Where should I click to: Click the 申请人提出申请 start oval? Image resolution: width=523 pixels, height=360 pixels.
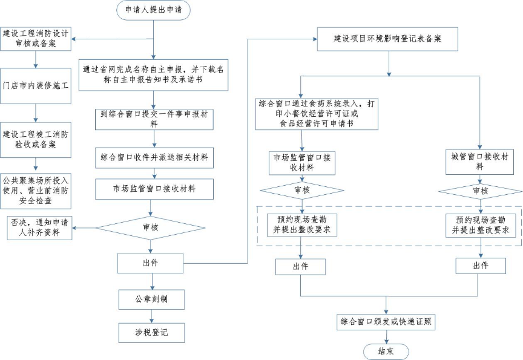(153, 10)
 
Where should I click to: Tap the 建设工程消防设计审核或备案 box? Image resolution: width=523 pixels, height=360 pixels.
(36, 38)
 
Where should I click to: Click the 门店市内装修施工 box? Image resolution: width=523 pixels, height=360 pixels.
(36, 85)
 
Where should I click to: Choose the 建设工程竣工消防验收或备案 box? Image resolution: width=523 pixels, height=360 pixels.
(36, 140)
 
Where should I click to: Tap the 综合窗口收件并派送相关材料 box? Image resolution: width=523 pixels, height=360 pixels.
(154, 157)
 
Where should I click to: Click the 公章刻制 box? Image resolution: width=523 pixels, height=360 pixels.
(151, 299)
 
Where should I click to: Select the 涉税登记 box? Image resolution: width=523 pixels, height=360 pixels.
(151, 332)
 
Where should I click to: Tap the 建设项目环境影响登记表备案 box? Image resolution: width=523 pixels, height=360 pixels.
(387, 39)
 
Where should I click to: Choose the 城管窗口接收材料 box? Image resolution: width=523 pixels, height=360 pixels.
(479, 162)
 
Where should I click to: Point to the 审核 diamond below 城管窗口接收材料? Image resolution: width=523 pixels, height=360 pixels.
(479, 191)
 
